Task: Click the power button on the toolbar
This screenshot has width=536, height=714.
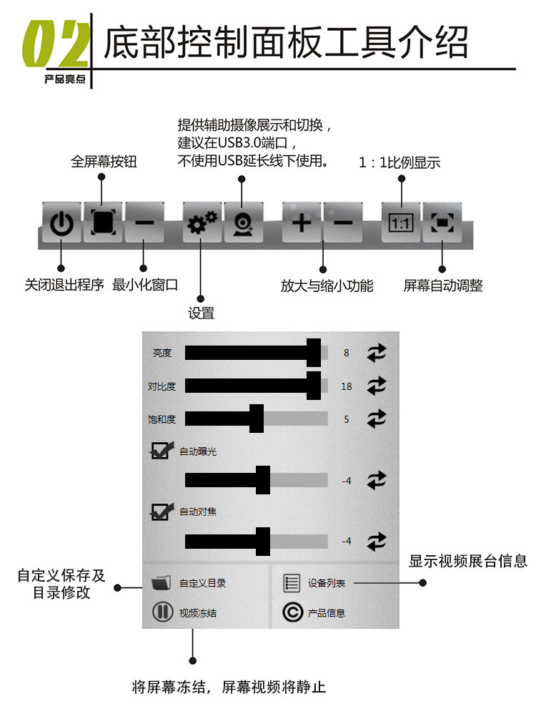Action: [x=62, y=222]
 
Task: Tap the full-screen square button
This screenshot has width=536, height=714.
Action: [x=103, y=222]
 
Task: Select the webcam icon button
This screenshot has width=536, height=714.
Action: [x=244, y=222]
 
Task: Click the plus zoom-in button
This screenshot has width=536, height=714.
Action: [x=302, y=222]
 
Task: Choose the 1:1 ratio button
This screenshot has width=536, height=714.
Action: [x=401, y=222]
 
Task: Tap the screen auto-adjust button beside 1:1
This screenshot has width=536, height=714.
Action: [x=442, y=222]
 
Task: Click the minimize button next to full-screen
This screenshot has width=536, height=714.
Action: [x=144, y=222]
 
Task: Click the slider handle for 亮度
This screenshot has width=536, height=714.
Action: [x=314, y=353]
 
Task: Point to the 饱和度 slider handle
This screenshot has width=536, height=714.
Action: [x=257, y=419]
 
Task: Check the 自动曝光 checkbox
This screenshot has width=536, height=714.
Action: [x=162, y=450]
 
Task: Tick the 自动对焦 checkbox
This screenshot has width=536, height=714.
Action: [x=162, y=512]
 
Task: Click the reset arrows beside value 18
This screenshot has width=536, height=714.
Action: [x=377, y=386]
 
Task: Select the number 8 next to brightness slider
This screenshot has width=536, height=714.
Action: [x=347, y=353]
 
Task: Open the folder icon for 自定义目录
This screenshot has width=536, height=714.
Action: [x=161, y=582]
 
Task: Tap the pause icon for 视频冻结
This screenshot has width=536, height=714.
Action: [x=162, y=612]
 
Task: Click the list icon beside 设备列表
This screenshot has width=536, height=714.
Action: [x=292, y=583]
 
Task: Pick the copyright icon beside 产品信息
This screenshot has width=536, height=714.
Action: [x=292, y=612]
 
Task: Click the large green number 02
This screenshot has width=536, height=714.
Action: [x=56, y=44]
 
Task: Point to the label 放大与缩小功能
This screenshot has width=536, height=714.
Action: [x=327, y=286]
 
